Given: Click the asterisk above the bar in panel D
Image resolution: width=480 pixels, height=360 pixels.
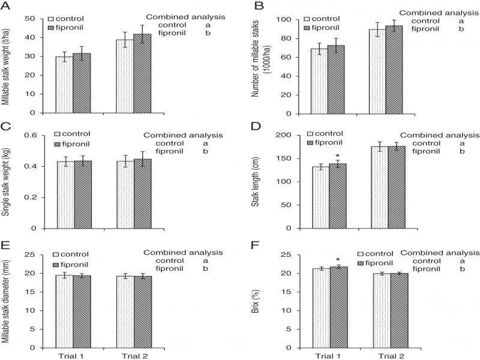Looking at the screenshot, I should pyautogui.click(x=338, y=155).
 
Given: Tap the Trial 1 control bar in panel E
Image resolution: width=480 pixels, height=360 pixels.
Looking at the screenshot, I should pyautogui.click(x=64, y=311).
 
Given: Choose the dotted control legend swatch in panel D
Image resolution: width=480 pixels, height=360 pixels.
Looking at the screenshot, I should pyautogui.click(x=311, y=133).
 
